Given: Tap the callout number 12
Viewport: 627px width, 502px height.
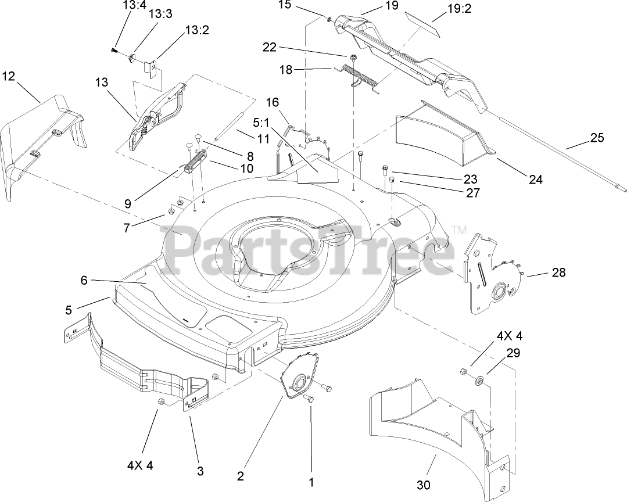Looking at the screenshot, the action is click(x=9, y=76).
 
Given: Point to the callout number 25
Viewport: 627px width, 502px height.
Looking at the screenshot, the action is click(x=597, y=138).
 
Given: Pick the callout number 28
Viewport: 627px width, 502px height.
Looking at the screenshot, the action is click(x=558, y=272).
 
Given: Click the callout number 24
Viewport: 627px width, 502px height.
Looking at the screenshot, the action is click(x=535, y=180).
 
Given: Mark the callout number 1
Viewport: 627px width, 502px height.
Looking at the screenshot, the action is click(x=311, y=482).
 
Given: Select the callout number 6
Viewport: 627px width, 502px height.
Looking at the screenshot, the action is click(x=84, y=280).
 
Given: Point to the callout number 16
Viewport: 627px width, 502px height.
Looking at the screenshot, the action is click(x=273, y=103).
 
